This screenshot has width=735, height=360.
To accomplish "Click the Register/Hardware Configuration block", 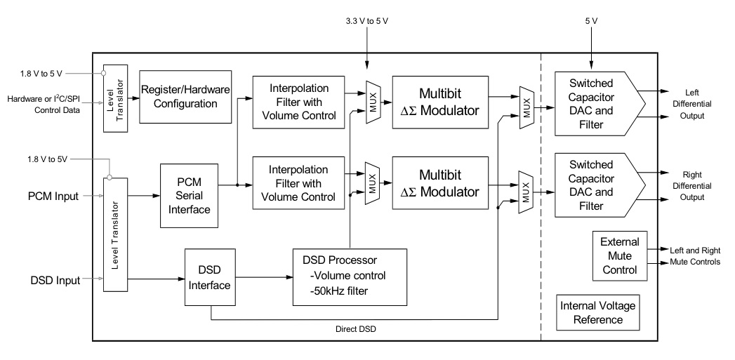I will [185, 98].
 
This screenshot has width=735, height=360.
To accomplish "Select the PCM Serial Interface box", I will [189, 195].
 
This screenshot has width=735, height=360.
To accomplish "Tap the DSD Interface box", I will [209, 277].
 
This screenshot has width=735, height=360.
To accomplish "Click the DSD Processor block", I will [349, 276].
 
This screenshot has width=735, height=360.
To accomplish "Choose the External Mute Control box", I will [618, 256].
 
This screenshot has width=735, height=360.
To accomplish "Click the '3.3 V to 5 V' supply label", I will [366, 20].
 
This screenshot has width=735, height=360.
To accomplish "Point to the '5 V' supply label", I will [591, 20].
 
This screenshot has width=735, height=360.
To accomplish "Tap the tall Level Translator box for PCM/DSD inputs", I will [114, 234].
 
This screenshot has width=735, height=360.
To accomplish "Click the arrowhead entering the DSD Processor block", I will [289, 277].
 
